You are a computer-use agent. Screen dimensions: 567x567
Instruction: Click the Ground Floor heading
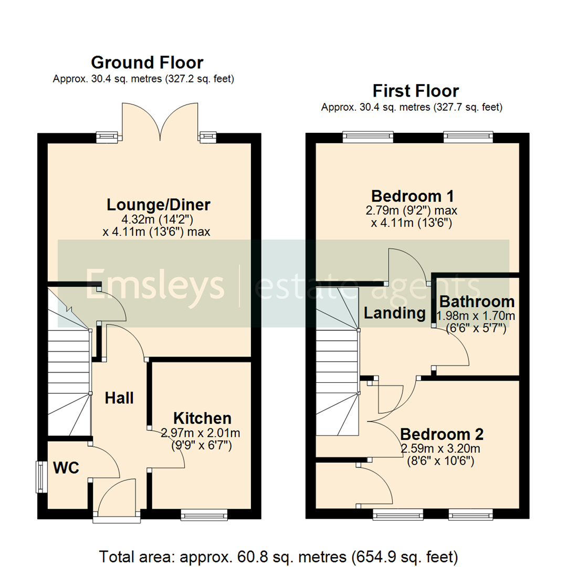[147, 63]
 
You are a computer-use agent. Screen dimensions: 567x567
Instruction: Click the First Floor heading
[415, 91]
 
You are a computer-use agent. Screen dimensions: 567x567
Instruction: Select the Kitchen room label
[202, 418]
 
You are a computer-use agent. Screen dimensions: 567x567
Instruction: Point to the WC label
[67, 468]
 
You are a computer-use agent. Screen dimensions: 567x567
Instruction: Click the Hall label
[119, 398]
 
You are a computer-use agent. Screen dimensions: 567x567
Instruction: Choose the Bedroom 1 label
[412, 196]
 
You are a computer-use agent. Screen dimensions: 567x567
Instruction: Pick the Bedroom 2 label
[442, 435]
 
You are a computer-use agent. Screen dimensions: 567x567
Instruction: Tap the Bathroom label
[477, 302]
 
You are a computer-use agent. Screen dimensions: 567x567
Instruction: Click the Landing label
[395, 313]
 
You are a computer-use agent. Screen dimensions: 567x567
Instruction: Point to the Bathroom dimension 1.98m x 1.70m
[476, 316]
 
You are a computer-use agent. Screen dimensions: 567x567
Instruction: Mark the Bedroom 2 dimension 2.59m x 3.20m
[440, 449]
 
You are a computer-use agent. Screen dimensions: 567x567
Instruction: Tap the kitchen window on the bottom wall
[204, 514]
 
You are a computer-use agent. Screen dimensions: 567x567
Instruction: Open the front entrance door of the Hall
[117, 517]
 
